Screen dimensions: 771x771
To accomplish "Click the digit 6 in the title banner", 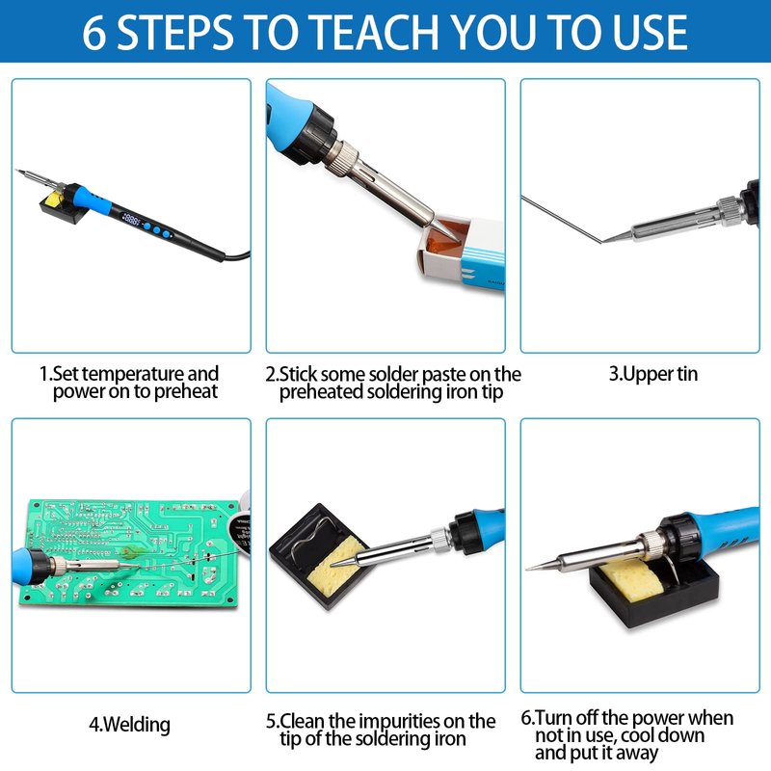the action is pos(93,33).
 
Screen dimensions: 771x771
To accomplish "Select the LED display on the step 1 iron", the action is pos(131,218).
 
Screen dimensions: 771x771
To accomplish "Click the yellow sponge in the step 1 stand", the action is pos(53,199).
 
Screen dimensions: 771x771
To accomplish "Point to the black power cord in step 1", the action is pos(237,255).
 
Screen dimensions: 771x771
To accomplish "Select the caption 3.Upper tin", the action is pos(653,374).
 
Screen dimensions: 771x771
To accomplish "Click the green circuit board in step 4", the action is pos(128,553).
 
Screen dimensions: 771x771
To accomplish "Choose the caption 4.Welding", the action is pos(129,725).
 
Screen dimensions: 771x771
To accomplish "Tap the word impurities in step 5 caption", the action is pos(400,722).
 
